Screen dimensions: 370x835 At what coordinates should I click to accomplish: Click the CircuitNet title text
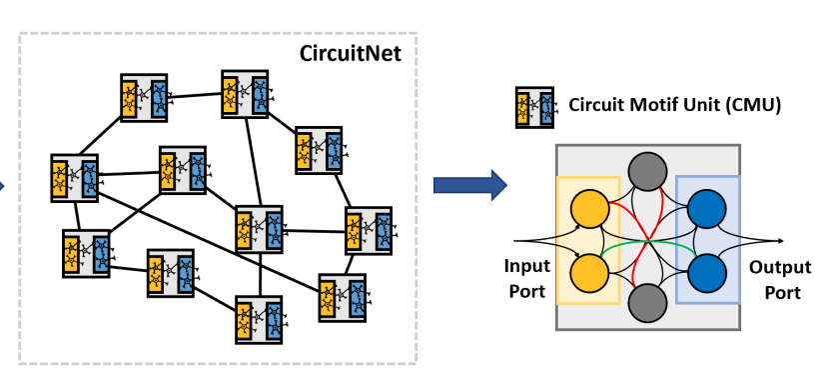(x=351, y=52)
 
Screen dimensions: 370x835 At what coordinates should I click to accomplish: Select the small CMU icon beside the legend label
(x=534, y=105)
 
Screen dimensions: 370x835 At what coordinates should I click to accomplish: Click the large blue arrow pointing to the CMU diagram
(x=469, y=185)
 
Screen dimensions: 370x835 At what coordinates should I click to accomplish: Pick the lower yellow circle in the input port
(x=589, y=271)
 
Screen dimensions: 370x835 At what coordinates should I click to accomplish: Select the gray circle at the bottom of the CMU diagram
(x=648, y=301)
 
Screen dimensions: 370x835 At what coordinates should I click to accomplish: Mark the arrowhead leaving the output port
(x=779, y=241)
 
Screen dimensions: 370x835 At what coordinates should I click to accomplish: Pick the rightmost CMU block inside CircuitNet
(x=369, y=230)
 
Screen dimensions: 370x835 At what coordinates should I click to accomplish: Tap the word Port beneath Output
(x=774, y=292)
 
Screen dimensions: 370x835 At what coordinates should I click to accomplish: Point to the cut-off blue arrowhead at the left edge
(x=3, y=185)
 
